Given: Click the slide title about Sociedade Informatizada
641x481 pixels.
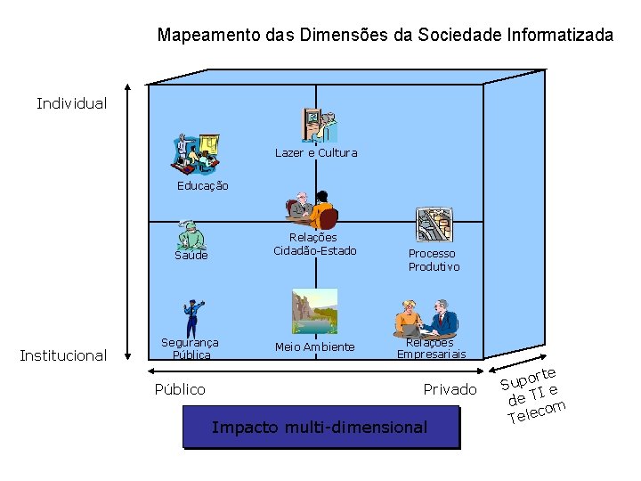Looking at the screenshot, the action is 385,36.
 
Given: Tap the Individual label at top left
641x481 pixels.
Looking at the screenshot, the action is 71,103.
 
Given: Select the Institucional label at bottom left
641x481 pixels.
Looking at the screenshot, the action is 63,355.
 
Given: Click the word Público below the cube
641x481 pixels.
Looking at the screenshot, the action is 180,389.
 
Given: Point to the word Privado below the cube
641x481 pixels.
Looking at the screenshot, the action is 450,389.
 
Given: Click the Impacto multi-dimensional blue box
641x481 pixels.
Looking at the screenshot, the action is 320,427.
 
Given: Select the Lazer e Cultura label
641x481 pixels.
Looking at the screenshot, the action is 316,153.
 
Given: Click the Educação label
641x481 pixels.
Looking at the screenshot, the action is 202,186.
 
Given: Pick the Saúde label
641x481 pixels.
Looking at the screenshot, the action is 191,256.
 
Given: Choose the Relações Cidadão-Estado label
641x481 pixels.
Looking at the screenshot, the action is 312,244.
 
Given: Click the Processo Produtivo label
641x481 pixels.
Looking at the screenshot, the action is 434,260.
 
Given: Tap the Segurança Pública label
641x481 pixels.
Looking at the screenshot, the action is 190,348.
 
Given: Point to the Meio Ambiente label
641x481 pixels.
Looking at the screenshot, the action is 314,347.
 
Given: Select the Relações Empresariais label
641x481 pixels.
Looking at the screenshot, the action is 431,348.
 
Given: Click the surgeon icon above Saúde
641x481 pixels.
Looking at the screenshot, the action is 190,234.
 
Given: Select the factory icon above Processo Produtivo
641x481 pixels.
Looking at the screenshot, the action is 434,228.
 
